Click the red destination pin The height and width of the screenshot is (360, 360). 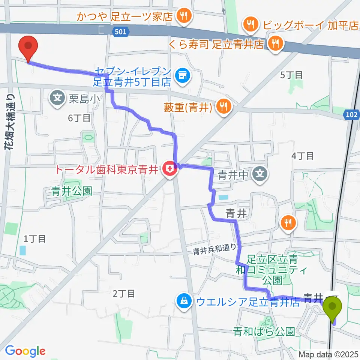pos(29,46)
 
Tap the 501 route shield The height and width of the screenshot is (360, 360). pos(118,33)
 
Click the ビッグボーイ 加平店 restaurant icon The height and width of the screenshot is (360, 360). pos(249,25)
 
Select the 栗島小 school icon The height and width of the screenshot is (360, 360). pos(57,99)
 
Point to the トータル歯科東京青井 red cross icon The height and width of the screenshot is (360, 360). pos(170,169)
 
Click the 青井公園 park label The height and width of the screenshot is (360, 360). pos(72,191)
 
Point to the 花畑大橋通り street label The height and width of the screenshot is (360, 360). pos(9,117)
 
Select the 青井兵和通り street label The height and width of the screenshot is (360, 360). pos(215,250)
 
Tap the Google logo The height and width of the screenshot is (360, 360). pos(25,351)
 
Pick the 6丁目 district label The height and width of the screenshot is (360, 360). pos(79,118)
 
